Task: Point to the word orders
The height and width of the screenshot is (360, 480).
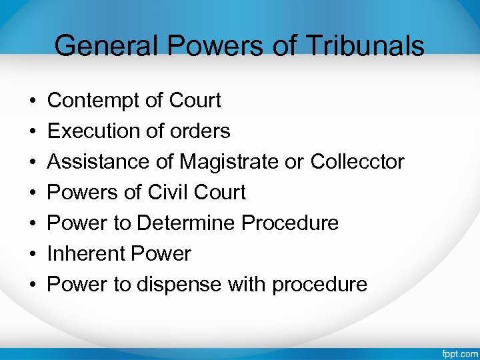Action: pos(199,131)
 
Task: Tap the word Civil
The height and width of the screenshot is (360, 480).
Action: pos(169,193)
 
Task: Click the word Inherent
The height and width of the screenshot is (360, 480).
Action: pos(86,254)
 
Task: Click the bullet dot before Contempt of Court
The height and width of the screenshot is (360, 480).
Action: pos(33,101)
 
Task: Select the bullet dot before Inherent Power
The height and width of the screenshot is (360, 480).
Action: pos(33,255)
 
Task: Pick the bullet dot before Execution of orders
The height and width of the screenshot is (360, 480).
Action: pos(33,132)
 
